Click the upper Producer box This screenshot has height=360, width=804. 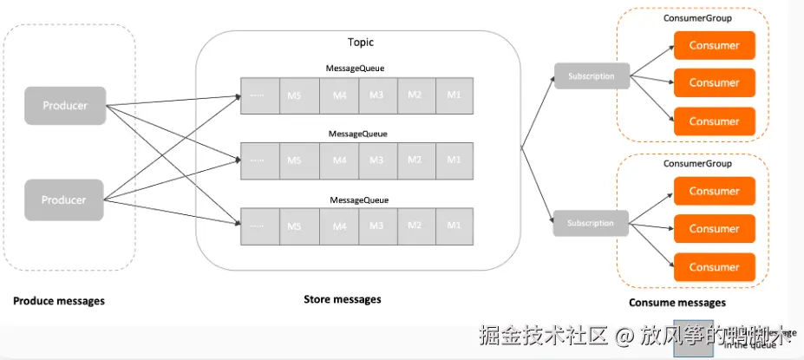click(65, 105)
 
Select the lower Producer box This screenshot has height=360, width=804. click(65, 199)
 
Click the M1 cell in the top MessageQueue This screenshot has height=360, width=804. click(454, 95)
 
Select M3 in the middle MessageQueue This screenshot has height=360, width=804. click(376, 160)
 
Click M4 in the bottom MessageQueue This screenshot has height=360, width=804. click(339, 226)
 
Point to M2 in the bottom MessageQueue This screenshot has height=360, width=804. click(415, 226)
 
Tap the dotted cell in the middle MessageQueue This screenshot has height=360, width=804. click(257, 160)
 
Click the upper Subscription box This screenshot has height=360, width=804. click(591, 76)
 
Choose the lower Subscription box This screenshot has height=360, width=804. click(591, 223)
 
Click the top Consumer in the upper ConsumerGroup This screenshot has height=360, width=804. click(714, 45)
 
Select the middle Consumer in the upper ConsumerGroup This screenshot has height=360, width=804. click(714, 83)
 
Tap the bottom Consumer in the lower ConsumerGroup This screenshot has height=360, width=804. click(714, 266)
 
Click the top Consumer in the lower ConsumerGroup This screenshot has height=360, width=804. click(714, 191)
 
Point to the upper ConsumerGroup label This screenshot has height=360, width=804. click(697, 17)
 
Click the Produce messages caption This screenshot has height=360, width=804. click(59, 301)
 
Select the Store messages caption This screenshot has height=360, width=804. click(342, 299)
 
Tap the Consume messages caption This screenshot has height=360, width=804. click(677, 303)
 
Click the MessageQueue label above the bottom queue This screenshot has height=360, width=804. click(359, 200)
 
